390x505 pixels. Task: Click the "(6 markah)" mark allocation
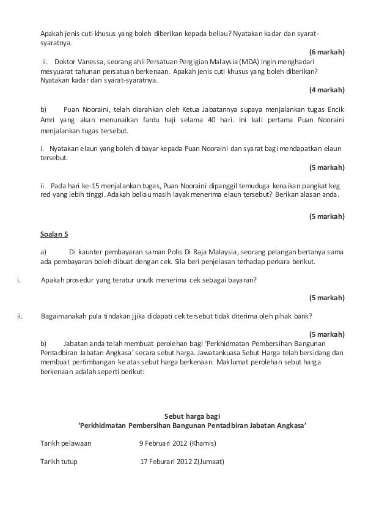327,53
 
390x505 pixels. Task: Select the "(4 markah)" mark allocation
327,90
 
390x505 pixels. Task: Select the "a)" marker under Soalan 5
43,251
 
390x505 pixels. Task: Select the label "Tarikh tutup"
59,462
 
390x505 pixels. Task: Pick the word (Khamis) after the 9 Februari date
208,443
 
